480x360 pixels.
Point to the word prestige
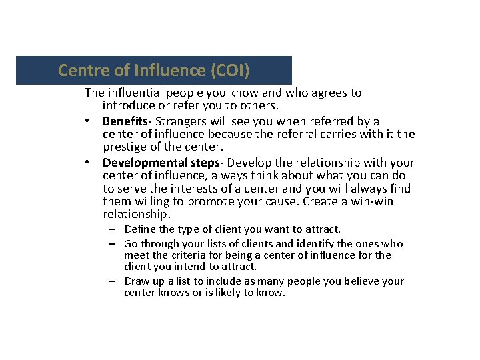[x=125, y=147]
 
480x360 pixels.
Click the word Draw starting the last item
[x=137, y=281]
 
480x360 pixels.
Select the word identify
[x=311, y=244]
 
